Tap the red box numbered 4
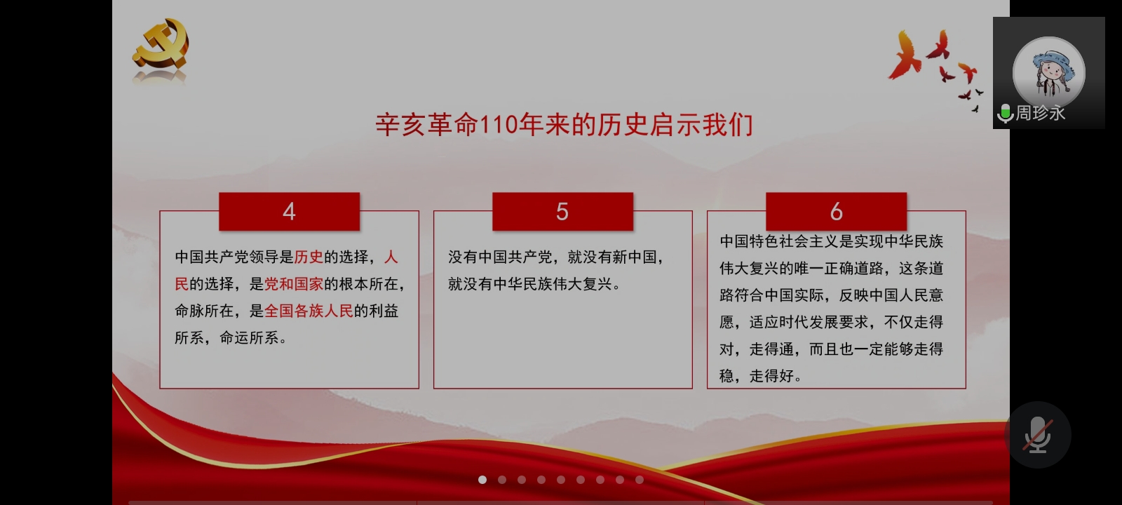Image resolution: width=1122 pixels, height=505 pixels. [x=289, y=211]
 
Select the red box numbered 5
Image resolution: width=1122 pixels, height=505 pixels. [x=562, y=211]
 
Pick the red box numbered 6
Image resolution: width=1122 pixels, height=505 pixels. [x=836, y=211]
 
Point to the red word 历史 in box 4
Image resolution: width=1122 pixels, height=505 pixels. [x=309, y=257]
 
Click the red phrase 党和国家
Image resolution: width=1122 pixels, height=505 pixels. [x=294, y=284]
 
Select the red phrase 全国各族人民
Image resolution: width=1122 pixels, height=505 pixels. [x=309, y=311]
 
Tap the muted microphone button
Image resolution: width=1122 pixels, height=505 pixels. [x=1038, y=435]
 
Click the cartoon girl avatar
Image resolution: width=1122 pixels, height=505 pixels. [x=1049, y=73]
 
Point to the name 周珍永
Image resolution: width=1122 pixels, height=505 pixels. [x=1041, y=113]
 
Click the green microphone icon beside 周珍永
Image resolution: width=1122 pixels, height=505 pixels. [x=1005, y=113]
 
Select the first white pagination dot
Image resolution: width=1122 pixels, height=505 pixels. [x=482, y=480]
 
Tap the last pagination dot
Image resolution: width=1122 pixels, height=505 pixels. [x=640, y=480]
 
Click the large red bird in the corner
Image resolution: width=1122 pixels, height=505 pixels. [x=904, y=56]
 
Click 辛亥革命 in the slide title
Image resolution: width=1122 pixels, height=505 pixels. [x=427, y=126]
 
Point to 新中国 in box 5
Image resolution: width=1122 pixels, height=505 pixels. [x=634, y=257]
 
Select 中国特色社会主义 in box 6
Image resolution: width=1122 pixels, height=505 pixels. [x=779, y=241]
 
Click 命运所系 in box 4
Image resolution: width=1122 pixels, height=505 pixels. [x=249, y=338]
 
